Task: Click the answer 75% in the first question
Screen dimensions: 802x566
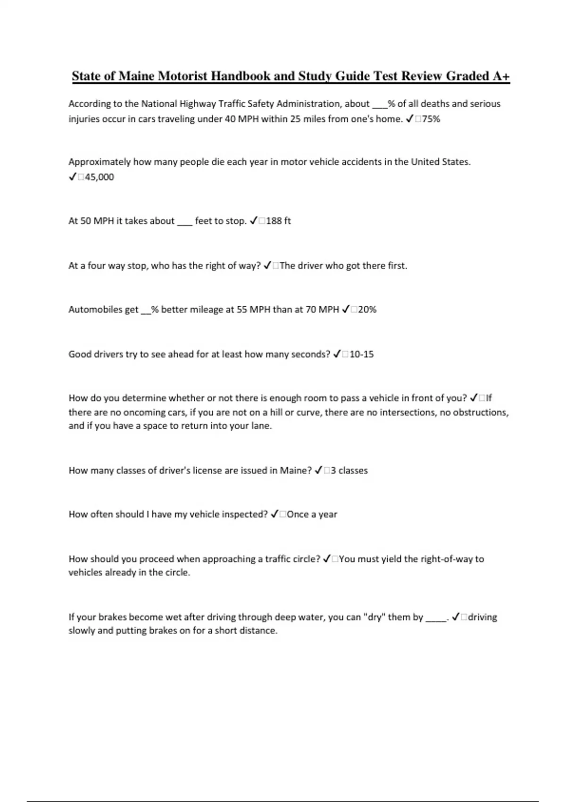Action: point(431,119)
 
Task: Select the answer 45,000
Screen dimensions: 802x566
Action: point(100,177)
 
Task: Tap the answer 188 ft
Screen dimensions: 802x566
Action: point(278,221)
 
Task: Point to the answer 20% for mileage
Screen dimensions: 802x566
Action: point(367,309)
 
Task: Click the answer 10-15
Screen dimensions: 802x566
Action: point(361,354)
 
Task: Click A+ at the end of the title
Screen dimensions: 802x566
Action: point(500,76)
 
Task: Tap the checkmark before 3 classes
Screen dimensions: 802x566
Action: point(318,470)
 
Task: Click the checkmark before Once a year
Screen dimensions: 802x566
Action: point(275,514)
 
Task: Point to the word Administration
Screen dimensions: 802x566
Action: point(309,104)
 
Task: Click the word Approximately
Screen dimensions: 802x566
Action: point(99,162)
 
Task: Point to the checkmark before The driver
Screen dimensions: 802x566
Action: point(267,266)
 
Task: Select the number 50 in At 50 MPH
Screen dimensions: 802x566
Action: point(85,221)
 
